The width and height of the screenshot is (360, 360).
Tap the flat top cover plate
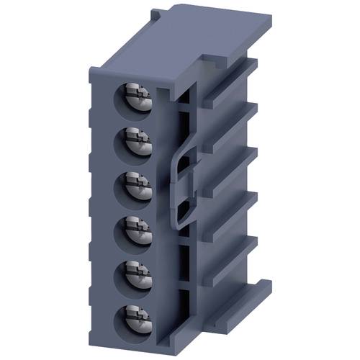209,29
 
